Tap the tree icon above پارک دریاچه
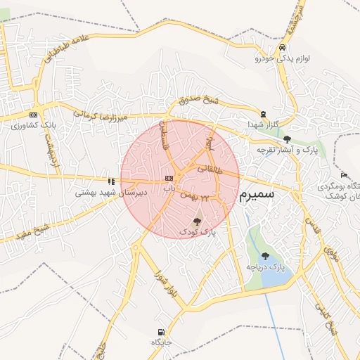[x=265, y=256]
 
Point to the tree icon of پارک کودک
[x=196, y=221]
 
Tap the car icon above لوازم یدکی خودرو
[x=282, y=48]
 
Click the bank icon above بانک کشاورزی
[x=33, y=115]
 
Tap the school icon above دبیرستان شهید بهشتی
[x=110, y=181]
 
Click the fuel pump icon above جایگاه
[x=162, y=332]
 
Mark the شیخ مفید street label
[x=32, y=231]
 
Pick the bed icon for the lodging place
[x=343, y=175]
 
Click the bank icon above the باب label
[x=169, y=179]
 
